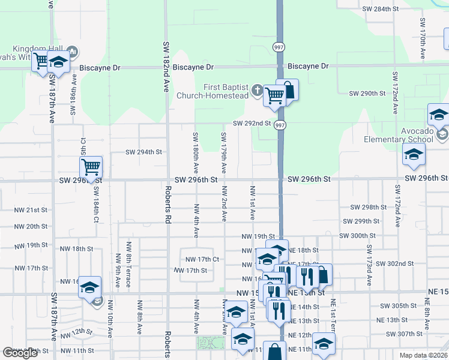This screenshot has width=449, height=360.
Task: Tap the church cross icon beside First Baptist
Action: click(257, 91)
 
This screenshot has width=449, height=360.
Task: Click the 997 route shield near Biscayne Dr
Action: click(280, 47)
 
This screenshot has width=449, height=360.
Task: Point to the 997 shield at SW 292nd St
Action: click(280, 125)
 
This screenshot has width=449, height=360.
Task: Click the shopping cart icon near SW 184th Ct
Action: click(91, 166)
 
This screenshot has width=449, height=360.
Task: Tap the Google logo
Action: click(20, 353)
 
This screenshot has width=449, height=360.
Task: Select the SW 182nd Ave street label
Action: click(166, 66)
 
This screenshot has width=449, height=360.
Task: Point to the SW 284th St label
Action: click(381, 9)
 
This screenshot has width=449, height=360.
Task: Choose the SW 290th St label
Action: click(367, 94)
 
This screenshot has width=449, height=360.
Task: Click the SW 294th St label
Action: click(144, 152)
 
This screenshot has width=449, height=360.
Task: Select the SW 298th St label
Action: click(369, 207)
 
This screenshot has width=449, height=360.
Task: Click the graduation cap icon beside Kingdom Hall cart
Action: click(58, 62)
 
